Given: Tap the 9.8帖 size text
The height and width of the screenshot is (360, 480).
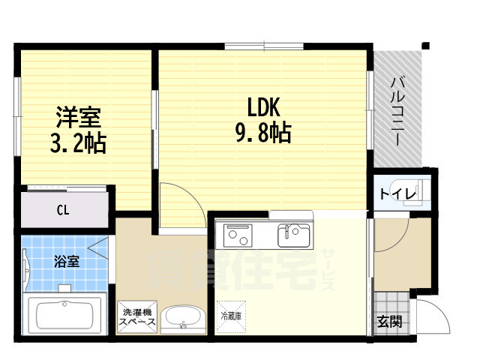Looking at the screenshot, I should (262, 133).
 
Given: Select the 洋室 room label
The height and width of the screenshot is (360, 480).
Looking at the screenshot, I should (77, 118).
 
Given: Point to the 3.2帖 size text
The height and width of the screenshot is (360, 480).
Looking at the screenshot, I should (77, 142).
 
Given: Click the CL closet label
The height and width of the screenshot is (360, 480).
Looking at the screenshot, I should (63, 210).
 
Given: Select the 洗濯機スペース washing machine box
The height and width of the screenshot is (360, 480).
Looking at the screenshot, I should (136, 316).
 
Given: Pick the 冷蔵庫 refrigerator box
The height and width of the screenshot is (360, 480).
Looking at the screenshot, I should (230, 316).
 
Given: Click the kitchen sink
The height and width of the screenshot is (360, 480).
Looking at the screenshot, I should (293, 235).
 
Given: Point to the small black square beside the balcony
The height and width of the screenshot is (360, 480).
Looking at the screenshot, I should (425, 45).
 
